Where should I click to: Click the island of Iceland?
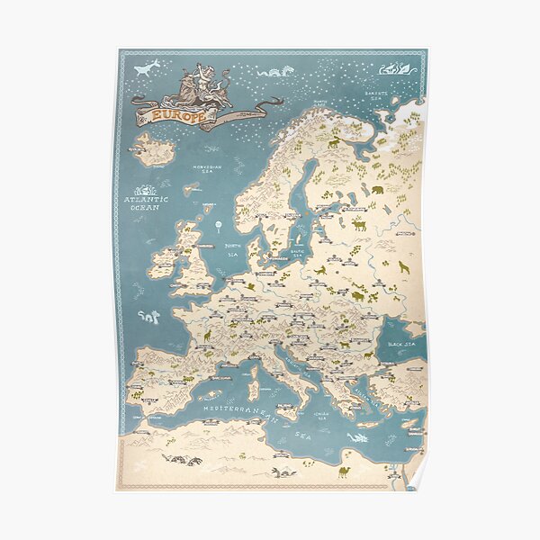pos(154,150)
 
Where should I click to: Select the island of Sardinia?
pos(253,390)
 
